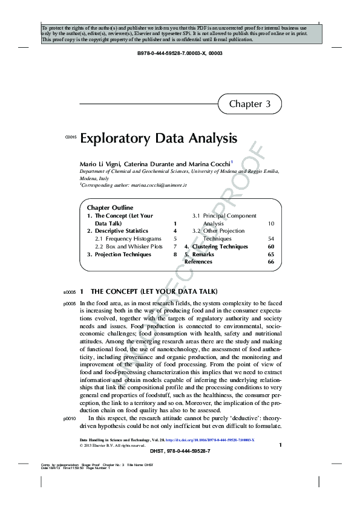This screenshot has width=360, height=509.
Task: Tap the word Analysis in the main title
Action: (x=210, y=138)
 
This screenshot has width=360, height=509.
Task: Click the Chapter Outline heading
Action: (x=110, y=207)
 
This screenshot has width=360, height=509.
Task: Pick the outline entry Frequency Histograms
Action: (x=128, y=239)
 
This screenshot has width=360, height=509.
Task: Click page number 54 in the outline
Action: (x=270, y=239)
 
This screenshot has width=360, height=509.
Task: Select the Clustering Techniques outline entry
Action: (x=220, y=247)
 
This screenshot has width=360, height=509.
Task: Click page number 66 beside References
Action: (x=270, y=262)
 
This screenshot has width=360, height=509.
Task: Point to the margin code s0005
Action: (x=69, y=291)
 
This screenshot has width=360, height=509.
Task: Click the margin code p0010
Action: (x=69, y=418)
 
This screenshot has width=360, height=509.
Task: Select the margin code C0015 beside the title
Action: (x=70, y=139)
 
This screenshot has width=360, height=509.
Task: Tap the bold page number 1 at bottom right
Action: (x=280, y=446)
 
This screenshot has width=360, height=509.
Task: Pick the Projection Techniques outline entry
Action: (x=119, y=254)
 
